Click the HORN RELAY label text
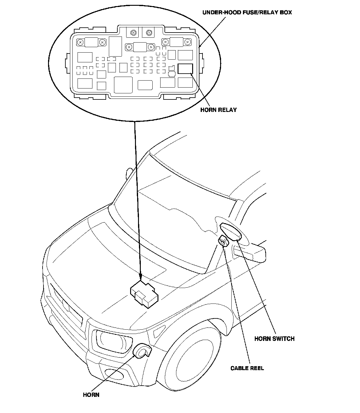click(x=218, y=110)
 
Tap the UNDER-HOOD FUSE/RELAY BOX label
click(x=247, y=12)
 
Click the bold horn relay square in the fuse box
click(x=185, y=69)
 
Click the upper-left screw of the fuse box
click(x=81, y=42)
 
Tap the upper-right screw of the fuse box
click(x=188, y=42)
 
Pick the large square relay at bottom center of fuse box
click(x=123, y=85)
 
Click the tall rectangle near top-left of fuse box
click(x=115, y=47)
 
